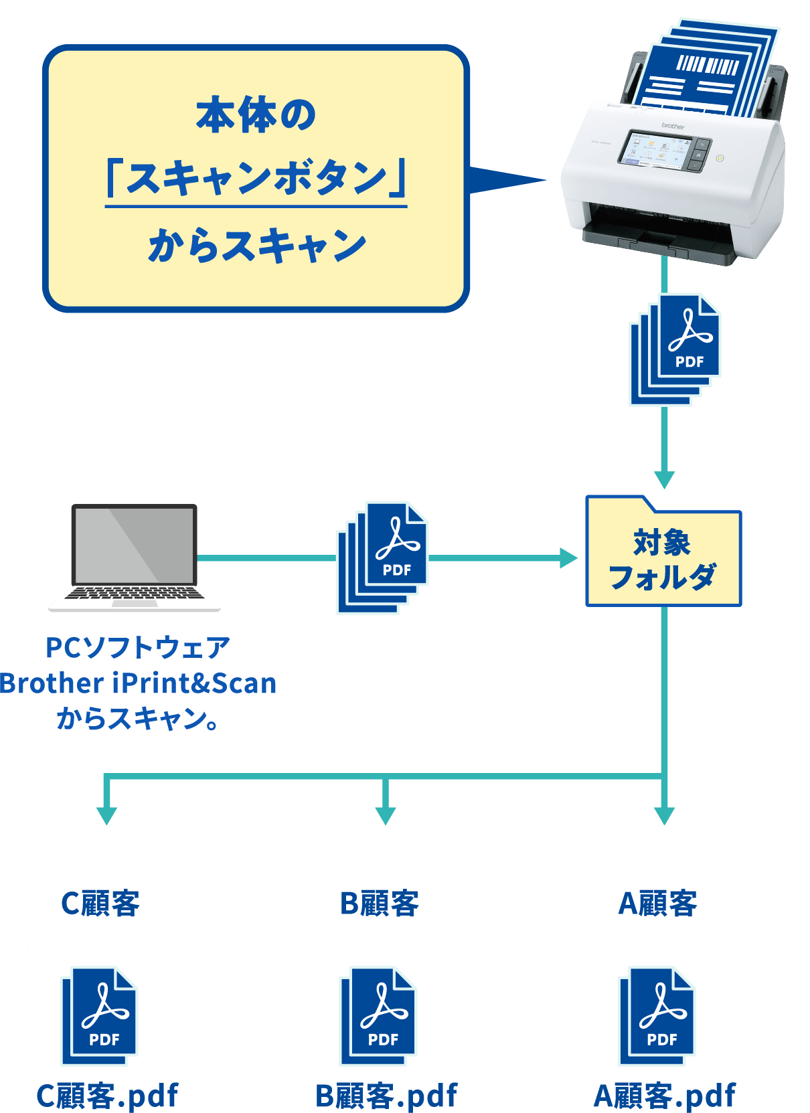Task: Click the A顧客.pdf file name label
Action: [664, 1096]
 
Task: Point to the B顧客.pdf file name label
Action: [386, 1096]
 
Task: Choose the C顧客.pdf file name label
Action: [107, 1096]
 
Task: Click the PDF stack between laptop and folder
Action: [382, 558]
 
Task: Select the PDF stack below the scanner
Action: [675, 349]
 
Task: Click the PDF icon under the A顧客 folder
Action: [657, 1016]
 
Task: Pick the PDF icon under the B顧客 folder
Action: [378, 1016]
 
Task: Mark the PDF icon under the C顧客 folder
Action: [99, 1016]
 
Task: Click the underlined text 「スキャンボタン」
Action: [256, 179]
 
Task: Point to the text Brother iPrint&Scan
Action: [138, 683]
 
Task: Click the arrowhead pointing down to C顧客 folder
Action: [106, 815]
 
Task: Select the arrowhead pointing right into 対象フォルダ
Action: [568, 558]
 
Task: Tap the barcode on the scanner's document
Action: [707, 65]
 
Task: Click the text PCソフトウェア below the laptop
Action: [138, 647]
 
